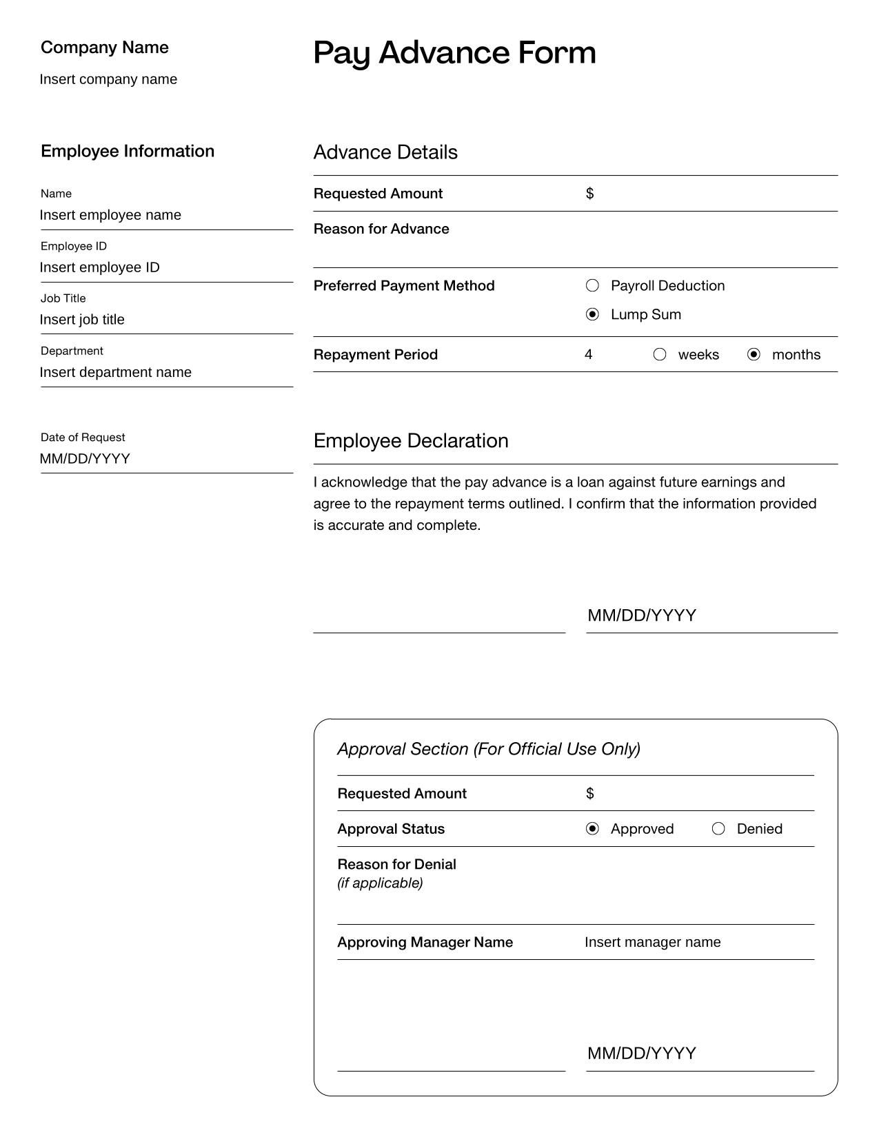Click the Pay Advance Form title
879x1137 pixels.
454,53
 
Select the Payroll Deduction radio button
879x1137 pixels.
592,285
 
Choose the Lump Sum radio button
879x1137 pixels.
592,314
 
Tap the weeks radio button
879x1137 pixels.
660,354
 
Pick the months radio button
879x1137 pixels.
754,354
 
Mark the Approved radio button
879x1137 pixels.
592,828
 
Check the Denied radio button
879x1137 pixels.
718,828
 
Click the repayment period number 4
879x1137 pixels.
588,354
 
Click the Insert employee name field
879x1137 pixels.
110,215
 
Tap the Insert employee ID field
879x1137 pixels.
100,267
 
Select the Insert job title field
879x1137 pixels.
82,320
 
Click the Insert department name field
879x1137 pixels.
116,372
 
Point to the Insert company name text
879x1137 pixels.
108,79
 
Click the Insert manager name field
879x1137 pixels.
652,942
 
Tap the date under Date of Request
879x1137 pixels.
85,459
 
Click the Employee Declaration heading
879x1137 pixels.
411,441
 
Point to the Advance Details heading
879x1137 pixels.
385,152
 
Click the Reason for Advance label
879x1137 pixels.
381,229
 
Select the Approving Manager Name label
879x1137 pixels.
425,942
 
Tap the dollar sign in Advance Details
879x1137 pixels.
589,194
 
